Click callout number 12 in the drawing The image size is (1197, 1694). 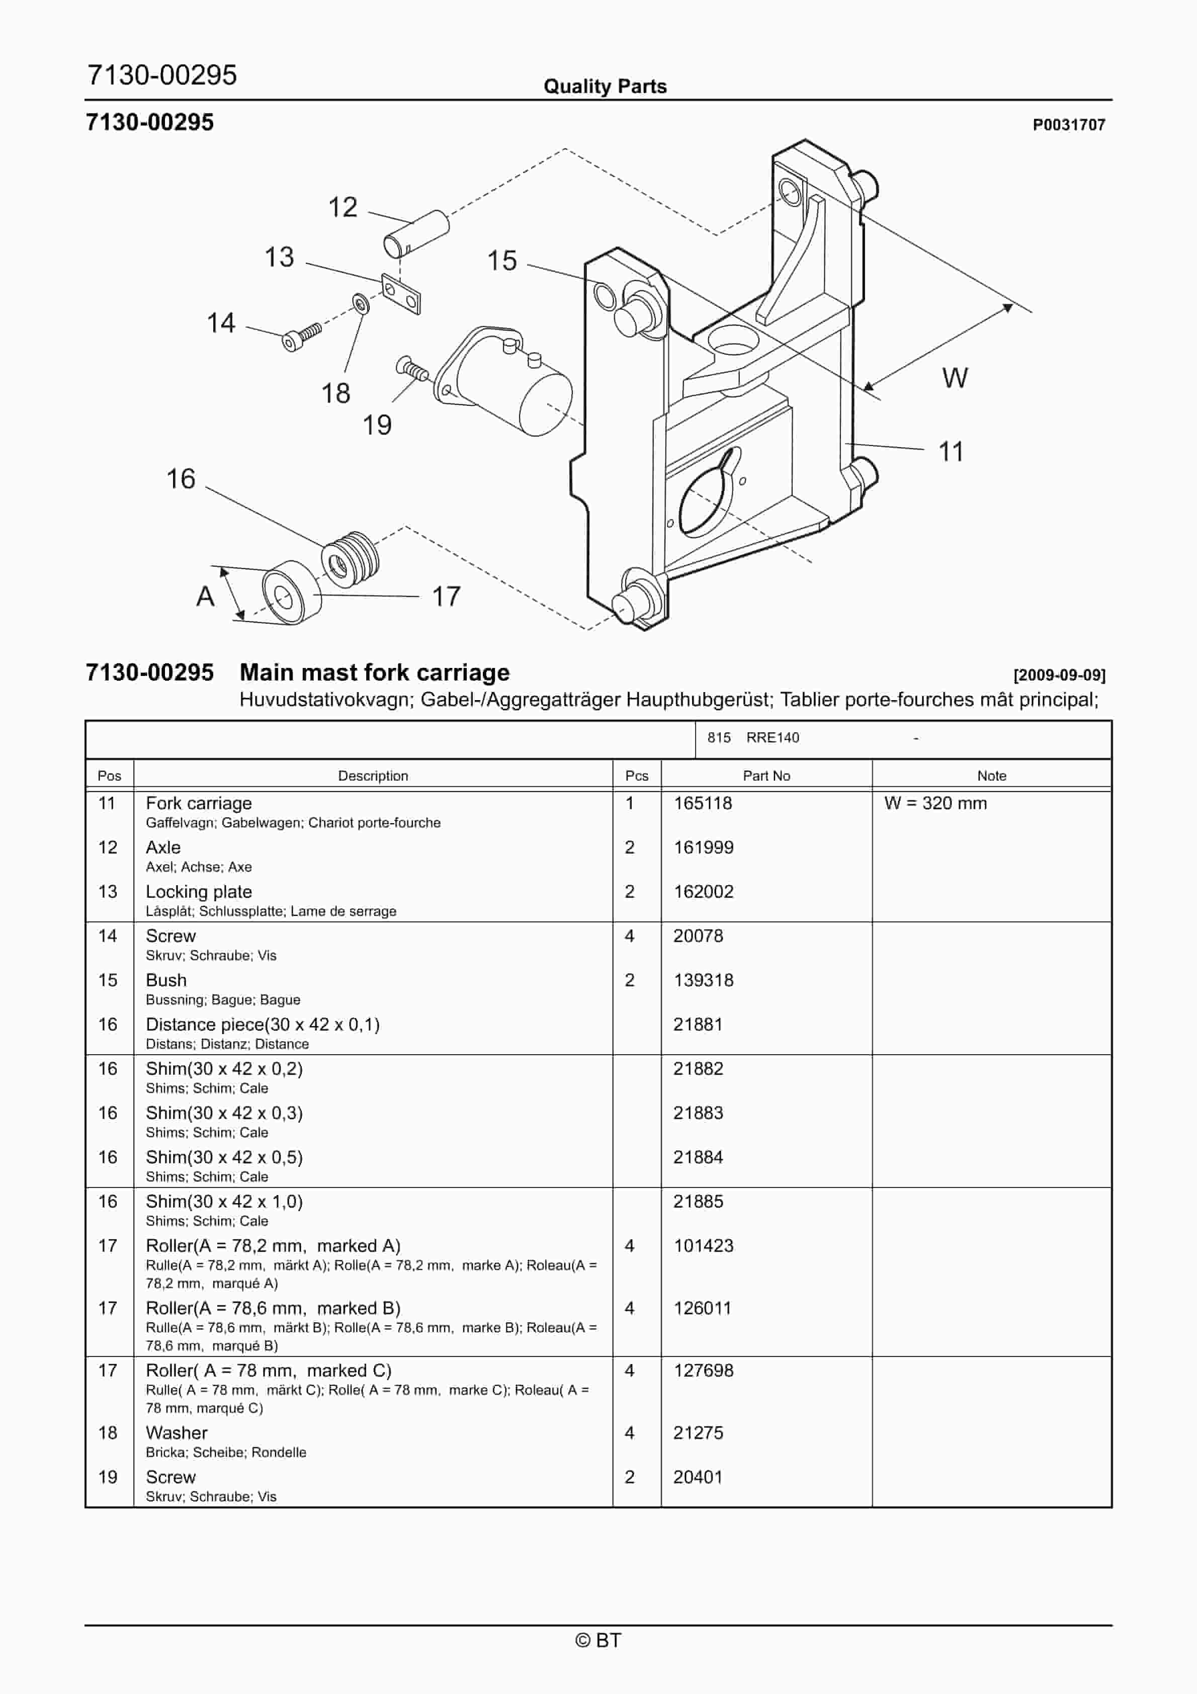[x=343, y=207]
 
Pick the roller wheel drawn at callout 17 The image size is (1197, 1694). [x=292, y=592]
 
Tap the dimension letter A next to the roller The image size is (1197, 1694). [x=205, y=596]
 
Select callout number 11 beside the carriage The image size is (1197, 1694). [x=951, y=452]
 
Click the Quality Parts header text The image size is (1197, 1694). [x=605, y=87]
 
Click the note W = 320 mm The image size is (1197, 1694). [x=934, y=803]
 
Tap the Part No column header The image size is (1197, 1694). [x=765, y=776]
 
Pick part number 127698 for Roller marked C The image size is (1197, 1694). [x=703, y=1370]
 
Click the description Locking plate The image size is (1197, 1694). [x=199, y=891]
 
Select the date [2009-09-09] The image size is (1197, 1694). [x=1058, y=674]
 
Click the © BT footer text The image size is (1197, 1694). [x=598, y=1640]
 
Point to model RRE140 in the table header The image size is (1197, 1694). [x=772, y=738]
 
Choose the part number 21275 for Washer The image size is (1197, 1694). [x=698, y=1433]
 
